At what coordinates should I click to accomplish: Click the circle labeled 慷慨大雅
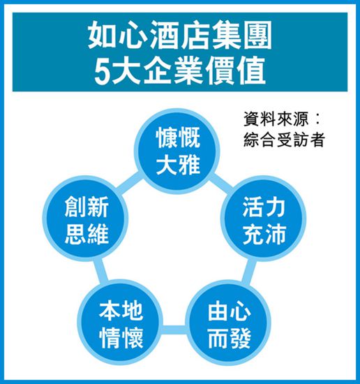tap(177, 151)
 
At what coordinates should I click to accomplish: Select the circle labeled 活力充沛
tap(264, 219)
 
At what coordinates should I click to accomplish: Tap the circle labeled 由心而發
tap(229, 323)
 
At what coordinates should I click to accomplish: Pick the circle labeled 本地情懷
tap(121, 323)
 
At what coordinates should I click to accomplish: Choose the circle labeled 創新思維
tap(86, 219)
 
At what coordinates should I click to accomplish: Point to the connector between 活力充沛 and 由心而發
tap(248, 272)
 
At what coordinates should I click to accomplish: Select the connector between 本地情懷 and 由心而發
tap(174, 330)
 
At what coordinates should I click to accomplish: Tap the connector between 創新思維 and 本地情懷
tap(101, 271)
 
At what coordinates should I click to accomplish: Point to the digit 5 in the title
tap(101, 71)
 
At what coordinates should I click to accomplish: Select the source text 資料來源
tap(276, 119)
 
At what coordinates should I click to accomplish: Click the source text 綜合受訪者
tap(284, 140)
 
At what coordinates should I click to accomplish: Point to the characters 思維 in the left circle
tap(87, 235)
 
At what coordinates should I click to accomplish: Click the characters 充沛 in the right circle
tap(264, 235)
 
